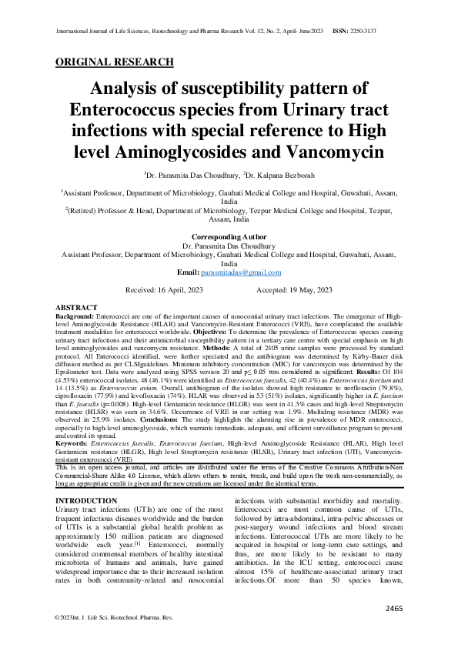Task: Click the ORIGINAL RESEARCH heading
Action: (115, 62)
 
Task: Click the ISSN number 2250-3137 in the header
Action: (383, 32)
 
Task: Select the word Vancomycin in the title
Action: (336, 152)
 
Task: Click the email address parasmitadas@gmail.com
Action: (240, 272)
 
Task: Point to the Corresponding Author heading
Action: (229, 237)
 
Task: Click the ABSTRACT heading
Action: (77, 307)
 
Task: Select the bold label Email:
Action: (188, 272)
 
